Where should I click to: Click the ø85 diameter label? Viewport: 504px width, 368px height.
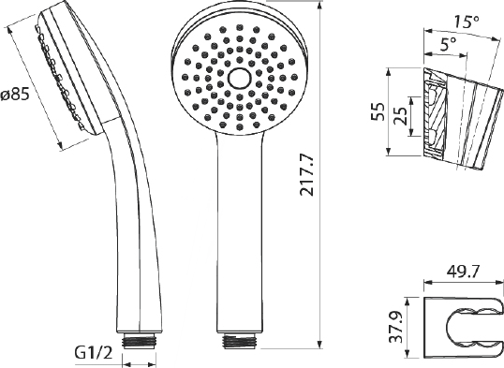[x=15, y=95]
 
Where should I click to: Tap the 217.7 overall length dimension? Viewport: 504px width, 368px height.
[x=306, y=175]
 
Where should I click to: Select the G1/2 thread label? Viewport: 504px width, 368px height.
[x=94, y=354]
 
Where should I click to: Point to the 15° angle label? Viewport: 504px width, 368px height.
[x=466, y=22]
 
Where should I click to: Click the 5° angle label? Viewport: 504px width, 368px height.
[x=449, y=44]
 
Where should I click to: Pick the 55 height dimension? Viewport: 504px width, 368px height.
[x=378, y=111]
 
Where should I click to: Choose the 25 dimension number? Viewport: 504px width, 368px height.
[x=401, y=116]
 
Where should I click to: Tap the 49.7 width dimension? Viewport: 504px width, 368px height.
[x=463, y=272]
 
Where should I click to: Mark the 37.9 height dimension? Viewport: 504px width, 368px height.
[x=396, y=327]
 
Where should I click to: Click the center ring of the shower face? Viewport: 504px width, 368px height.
[x=240, y=78]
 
